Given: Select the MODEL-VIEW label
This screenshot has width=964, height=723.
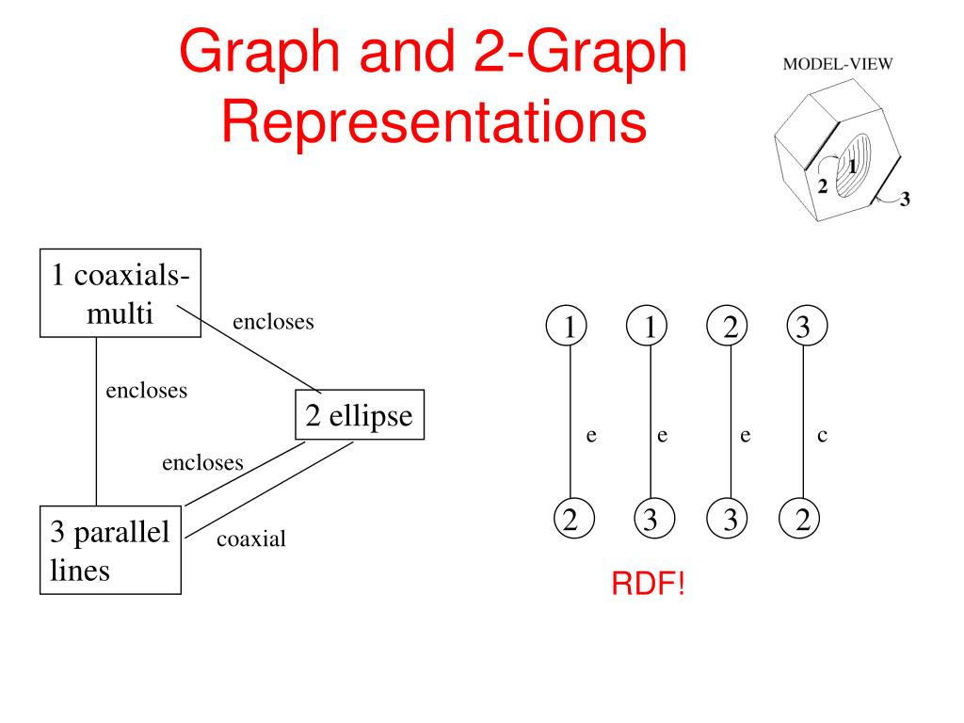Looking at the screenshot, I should pos(838,65).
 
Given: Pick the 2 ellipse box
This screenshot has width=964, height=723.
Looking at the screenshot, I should pos(360,415).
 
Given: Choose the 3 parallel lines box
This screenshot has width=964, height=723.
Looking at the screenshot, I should pos(111,551).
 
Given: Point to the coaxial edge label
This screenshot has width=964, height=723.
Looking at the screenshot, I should pos(250,539).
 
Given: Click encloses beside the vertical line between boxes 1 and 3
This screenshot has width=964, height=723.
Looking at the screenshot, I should pos(146,391).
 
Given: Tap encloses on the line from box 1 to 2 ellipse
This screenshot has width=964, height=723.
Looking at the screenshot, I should pos(273,322).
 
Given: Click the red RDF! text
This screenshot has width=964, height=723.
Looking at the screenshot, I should pos(650,585).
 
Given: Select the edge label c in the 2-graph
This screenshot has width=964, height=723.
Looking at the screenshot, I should pos(822,435).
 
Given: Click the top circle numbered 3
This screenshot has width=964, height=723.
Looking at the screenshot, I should pos(802,327).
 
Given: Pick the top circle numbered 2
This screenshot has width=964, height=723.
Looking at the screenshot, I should pos(730,327).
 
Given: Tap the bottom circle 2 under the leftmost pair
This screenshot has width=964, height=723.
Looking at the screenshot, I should pos(570,519).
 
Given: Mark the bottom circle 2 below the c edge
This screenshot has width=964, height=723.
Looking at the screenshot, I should pos(802,519).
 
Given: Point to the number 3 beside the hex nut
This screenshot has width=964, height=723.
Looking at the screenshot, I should pos(905,199).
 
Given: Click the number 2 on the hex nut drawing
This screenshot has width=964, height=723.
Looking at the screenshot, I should pos(823,186).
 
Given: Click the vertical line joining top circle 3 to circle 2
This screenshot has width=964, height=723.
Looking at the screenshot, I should pos(802,424).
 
